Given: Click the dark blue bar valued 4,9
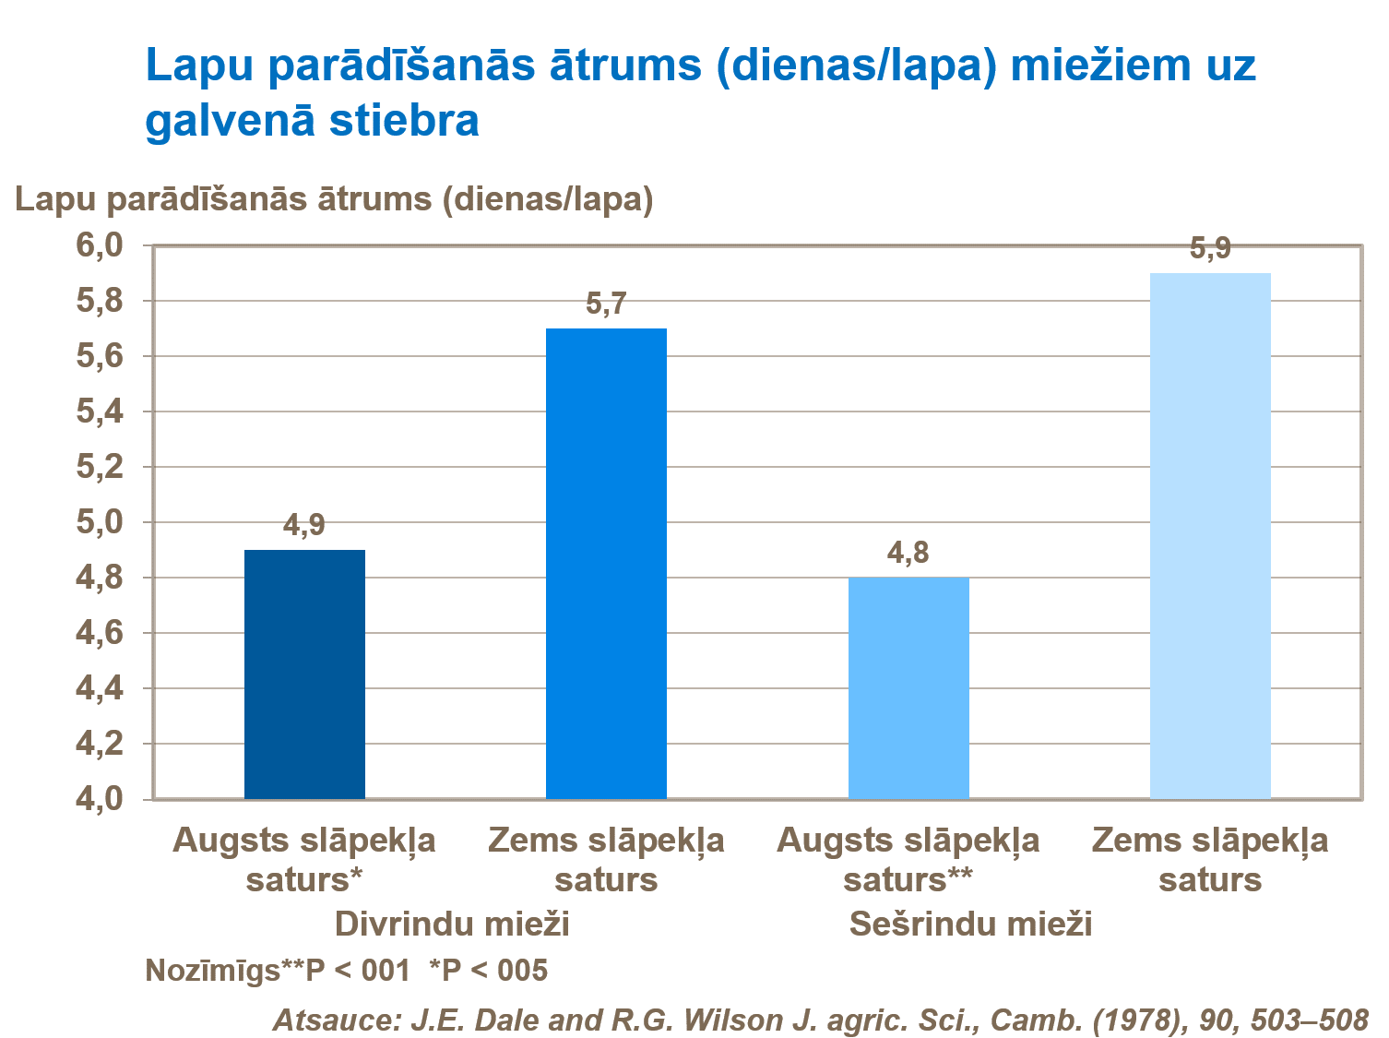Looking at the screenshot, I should pyautogui.click(x=304, y=674).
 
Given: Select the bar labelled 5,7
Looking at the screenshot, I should pyautogui.click(x=606, y=563).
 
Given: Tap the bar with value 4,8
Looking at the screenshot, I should pyautogui.click(x=908, y=687).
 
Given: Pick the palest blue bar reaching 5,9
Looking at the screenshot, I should pyautogui.click(x=1210, y=535).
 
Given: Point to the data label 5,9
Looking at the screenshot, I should pyautogui.click(x=1210, y=249).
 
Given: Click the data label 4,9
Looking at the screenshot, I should pyautogui.click(x=304, y=526).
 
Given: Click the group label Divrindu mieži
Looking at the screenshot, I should pyautogui.click(x=451, y=924).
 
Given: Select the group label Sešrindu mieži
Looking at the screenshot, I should pyautogui.click(x=970, y=924).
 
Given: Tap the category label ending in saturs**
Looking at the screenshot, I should pyautogui.click(x=908, y=879).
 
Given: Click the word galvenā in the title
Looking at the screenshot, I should pyautogui.click(x=231, y=121).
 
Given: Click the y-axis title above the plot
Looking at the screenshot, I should pyautogui.click(x=334, y=199).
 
